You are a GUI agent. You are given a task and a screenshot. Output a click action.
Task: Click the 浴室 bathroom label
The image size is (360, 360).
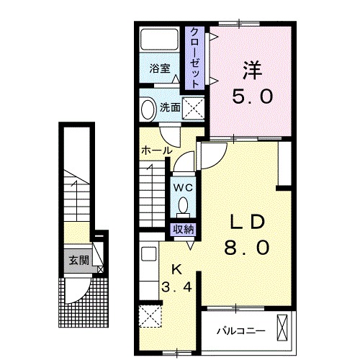pos(160,68)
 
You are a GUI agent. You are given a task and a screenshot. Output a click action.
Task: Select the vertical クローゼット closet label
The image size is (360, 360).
pos(194,58)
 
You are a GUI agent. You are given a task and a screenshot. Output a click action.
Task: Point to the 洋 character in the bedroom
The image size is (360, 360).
pos(252,71)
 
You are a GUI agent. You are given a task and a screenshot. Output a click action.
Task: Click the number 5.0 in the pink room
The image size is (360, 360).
pos(252,96)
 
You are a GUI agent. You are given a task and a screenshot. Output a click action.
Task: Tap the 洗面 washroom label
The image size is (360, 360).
pos(170,107)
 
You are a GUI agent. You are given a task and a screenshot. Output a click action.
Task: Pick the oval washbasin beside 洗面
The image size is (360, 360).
pos(148,109)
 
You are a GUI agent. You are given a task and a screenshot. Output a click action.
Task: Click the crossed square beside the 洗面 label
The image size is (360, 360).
pos(193,109)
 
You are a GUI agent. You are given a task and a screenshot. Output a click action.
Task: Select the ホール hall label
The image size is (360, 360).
pos(157,150)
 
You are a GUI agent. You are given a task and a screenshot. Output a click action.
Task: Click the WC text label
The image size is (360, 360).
pos(183,188)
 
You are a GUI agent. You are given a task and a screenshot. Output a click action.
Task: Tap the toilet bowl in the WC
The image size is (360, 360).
pos(183,205)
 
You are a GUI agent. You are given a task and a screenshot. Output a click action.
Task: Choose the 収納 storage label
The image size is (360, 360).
pos(183,230)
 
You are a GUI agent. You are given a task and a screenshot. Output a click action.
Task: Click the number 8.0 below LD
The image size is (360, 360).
pos(247,248)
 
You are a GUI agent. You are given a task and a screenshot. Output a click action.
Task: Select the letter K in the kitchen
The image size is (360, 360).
pos(177,271)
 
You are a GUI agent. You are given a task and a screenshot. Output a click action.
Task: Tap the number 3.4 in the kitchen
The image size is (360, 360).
pos(177,287)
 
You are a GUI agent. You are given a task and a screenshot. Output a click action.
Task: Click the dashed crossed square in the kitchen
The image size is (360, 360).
pos(150,316)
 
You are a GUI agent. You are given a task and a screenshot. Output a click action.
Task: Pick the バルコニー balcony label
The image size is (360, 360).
pos(241,331)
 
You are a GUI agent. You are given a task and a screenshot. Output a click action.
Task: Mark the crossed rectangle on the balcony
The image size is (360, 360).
pos(282,328)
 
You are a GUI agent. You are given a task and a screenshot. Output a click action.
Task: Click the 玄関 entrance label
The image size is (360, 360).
pos(79,260)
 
